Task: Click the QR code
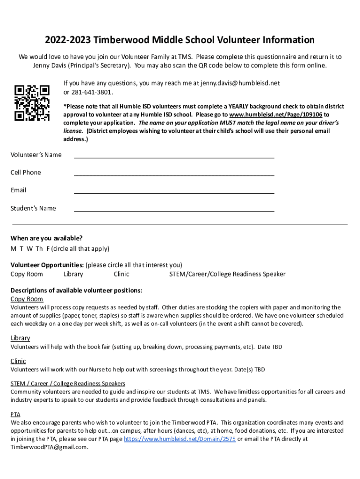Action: [32, 102]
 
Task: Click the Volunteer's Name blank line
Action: [174, 157]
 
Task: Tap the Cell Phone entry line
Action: [174, 175]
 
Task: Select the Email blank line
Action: [174, 193]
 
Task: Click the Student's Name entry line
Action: [174, 211]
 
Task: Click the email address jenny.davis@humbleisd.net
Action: [240, 83]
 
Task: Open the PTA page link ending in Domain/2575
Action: [180, 439]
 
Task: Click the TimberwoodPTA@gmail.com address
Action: [49, 447]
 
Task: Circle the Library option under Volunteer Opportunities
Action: [73, 274]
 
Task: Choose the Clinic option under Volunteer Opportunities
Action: [121, 274]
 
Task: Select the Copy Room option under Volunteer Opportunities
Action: [27, 274]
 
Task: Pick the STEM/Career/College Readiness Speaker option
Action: [227, 274]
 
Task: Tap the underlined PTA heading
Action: [15, 414]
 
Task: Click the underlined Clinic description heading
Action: [18, 361]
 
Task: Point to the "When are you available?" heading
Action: [47, 238]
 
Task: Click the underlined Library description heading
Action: [20, 338]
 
